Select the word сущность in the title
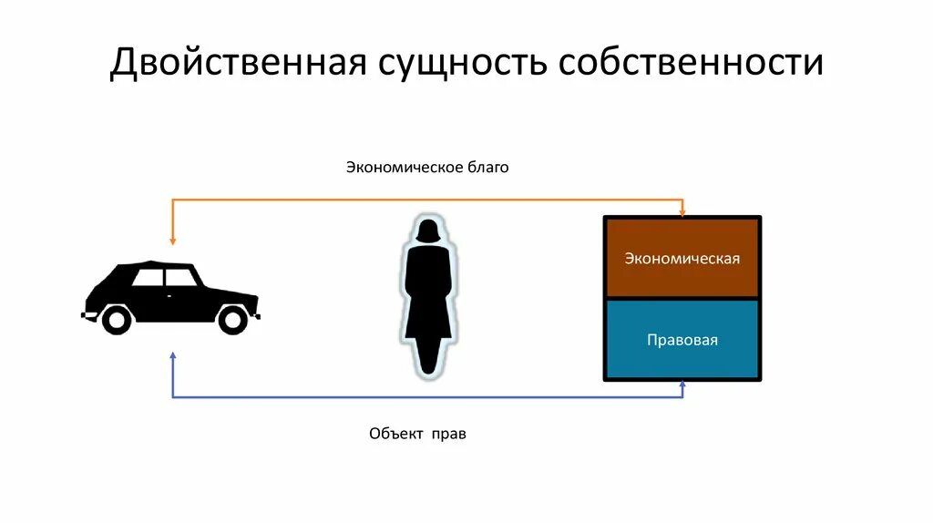[x=459, y=63]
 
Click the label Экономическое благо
[x=426, y=168]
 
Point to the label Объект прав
[x=418, y=434]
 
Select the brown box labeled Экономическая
[x=682, y=258]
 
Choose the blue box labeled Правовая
[x=682, y=340]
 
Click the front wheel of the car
[x=233, y=319]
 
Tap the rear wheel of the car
[x=116, y=319]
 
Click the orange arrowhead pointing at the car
[x=173, y=241]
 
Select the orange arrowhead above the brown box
[x=682, y=211]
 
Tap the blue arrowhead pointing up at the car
[x=173, y=355]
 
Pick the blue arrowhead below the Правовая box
[x=682, y=386]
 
